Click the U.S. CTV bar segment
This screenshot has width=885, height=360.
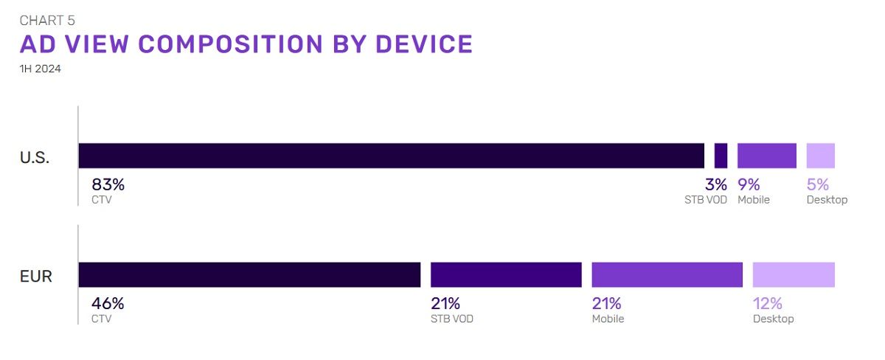[391, 156]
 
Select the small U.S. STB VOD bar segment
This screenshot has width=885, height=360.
[721, 156]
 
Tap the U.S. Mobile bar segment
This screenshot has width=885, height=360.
[767, 156]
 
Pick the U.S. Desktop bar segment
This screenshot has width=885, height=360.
[821, 156]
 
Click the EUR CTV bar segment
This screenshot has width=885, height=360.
[249, 274]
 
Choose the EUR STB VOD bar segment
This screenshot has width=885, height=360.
[506, 274]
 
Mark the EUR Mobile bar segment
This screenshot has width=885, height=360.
[667, 274]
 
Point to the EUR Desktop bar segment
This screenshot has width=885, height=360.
[794, 274]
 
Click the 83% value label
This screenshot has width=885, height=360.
[108, 184]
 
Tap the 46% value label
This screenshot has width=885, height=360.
[108, 303]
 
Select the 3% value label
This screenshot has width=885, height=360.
[716, 184]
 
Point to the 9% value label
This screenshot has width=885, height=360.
[749, 184]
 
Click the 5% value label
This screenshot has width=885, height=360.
[818, 184]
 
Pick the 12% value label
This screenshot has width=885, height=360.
[767, 303]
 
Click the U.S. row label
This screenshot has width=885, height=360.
[35, 157]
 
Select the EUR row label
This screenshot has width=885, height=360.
[36, 276]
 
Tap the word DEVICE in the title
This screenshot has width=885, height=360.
[424, 44]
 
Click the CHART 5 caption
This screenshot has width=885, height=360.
[47, 21]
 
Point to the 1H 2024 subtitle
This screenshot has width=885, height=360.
[41, 69]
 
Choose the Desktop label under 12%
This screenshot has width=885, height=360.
[773, 319]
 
